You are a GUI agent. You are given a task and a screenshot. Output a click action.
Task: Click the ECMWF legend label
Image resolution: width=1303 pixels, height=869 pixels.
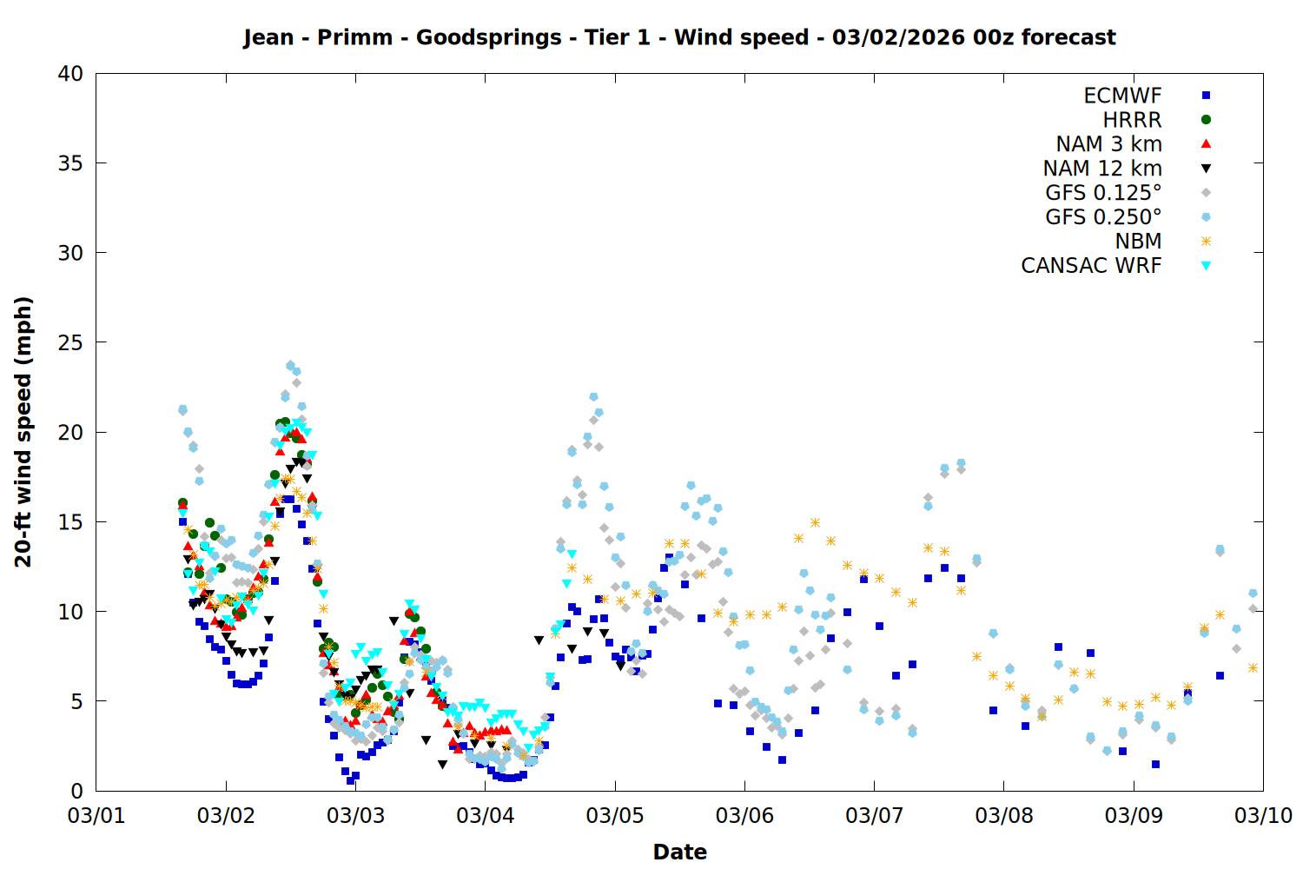(x=1122, y=96)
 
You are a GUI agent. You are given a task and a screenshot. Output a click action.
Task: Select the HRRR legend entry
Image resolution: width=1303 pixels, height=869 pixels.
(x=1132, y=120)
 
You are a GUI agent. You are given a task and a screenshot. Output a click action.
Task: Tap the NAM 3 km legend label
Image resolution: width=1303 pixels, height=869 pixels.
(x=1108, y=144)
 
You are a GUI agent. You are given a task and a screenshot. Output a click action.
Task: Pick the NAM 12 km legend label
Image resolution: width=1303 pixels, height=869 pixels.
(x=1102, y=169)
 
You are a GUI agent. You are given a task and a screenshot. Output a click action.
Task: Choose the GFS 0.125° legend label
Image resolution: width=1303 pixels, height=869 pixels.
(x=1103, y=193)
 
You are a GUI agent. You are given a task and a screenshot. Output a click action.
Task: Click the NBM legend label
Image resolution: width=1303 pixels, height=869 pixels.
(x=1138, y=242)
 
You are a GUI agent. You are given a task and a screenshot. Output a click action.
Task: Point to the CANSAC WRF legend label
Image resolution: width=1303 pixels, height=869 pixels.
(x=1091, y=266)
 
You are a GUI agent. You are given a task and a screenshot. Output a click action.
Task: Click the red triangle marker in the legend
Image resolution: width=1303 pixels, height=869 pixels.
(x=1206, y=144)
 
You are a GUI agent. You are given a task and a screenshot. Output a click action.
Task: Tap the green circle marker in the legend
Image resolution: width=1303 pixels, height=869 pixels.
(x=1206, y=120)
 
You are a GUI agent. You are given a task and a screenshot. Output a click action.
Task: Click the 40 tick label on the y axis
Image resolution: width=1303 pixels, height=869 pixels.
(x=70, y=74)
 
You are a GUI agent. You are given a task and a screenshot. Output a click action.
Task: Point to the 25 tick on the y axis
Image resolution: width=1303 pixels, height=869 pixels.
(x=70, y=342)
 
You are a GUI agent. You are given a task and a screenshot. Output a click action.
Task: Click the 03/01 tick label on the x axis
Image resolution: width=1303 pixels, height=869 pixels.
(x=96, y=816)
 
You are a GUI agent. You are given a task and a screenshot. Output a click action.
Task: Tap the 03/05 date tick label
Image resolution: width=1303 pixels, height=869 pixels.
(x=615, y=816)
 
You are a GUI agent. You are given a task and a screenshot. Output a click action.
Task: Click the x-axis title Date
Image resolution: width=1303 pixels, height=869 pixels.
(x=679, y=852)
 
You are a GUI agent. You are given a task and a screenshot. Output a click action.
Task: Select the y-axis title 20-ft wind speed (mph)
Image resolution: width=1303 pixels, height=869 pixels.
(x=23, y=432)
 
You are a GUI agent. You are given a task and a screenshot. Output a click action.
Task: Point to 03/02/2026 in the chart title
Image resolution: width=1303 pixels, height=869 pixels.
(x=897, y=37)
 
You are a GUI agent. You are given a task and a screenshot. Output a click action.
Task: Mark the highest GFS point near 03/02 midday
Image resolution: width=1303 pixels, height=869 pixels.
(x=291, y=366)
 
